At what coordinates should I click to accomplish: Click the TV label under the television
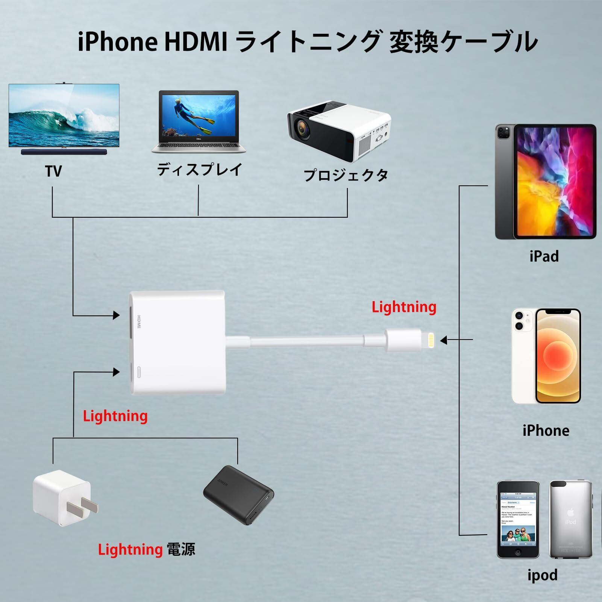pyautogui.click(x=53, y=171)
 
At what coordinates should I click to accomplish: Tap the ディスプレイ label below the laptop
pyautogui.click(x=199, y=170)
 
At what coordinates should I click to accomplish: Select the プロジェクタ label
pyautogui.click(x=346, y=175)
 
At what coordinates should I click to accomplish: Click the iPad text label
pyautogui.click(x=544, y=256)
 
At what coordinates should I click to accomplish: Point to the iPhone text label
pyautogui.click(x=546, y=431)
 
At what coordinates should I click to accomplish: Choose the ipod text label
pyautogui.click(x=542, y=575)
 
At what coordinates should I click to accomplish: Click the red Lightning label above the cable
pyautogui.click(x=404, y=307)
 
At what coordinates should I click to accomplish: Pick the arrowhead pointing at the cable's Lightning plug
pyautogui.click(x=444, y=340)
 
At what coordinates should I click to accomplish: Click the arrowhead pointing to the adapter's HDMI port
pyautogui.click(x=116, y=315)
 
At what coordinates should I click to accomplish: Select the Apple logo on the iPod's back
pyautogui.click(x=570, y=512)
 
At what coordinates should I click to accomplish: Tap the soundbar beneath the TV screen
pyautogui.click(x=64, y=152)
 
